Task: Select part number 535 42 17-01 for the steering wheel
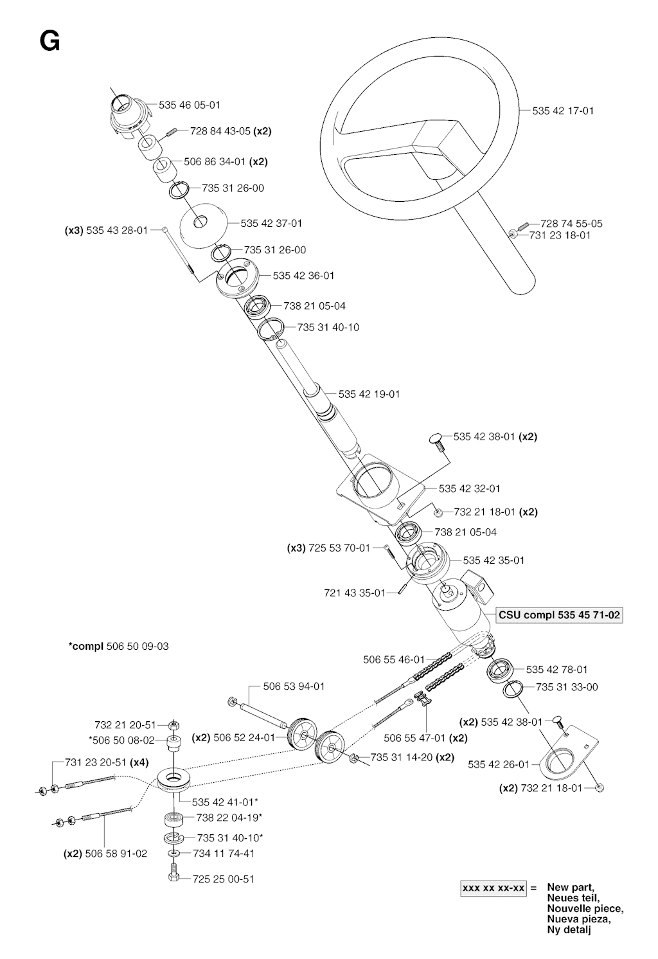pyautogui.click(x=563, y=111)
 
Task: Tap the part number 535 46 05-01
pyautogui.click(x=189, y=105)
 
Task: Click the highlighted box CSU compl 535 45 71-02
pyautogui.click(x=559, y=615)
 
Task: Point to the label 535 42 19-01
pyautogui.click(x=369, y=394)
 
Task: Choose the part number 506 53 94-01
pyautogui.click(x=294, y=686)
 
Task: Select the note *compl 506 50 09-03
pyautogui.click(x=119, y=646)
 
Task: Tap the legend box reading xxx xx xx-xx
pyautogui.click(x=493, y=888)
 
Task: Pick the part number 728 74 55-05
pyautogui.click(x=571, y=224)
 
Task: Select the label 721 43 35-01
pyautogui.click(x=355, y=593)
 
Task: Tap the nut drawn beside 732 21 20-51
pyautogui.click(x=173, y=725)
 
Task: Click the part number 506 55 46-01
pyautogui.click(x=394, y=659)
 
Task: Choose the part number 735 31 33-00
pyautogui.click(x=567, y=687)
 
